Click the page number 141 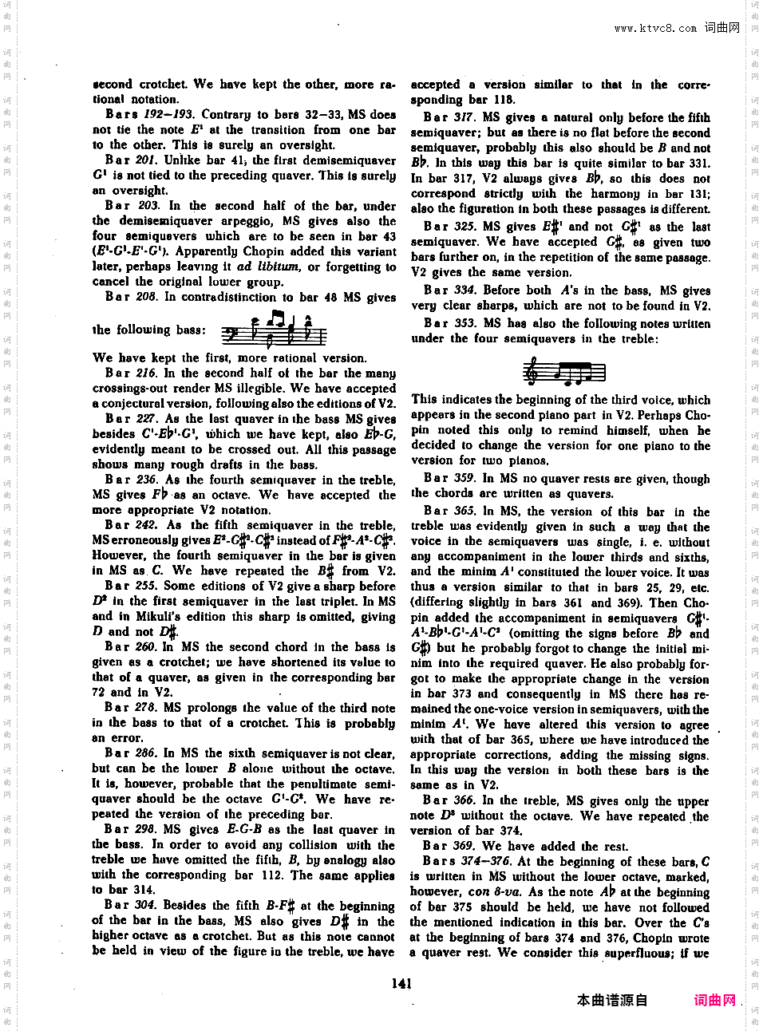click(x=401, y=983)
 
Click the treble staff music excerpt click(x=563, y=372)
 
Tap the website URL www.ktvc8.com click(x=654, y=28)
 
